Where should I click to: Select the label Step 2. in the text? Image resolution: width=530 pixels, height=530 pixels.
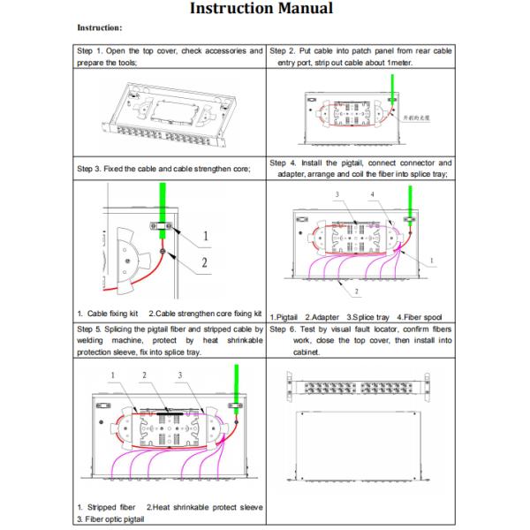(x=285, y=51)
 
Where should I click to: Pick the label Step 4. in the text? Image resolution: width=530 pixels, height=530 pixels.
(x=285, y=163)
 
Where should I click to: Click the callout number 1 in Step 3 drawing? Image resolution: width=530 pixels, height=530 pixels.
(x=205, y=236)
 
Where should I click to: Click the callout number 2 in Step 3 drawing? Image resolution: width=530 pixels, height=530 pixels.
(x=205, y=262)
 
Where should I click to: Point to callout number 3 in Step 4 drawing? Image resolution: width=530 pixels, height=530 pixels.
(x=337, y=193)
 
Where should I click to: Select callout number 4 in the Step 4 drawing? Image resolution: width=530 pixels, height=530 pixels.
(x=374, y=193)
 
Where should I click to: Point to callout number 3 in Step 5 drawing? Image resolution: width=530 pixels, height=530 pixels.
(x=179, y=375)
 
